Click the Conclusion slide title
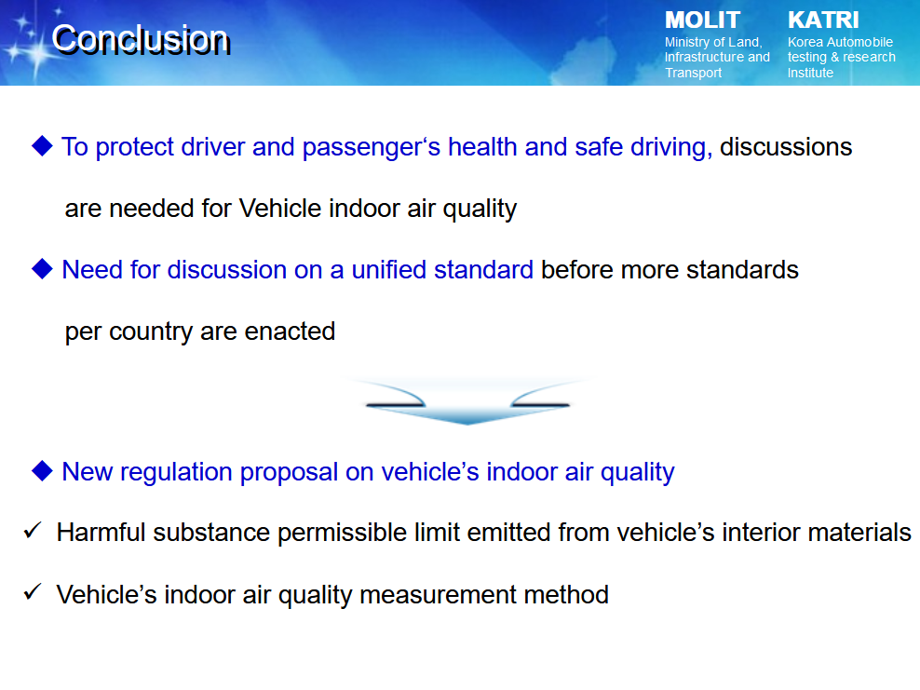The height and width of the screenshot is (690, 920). (x=141, y=40)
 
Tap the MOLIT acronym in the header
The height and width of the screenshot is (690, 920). (x=702, y=20)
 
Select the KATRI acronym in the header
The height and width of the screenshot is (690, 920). (x=823, y=20)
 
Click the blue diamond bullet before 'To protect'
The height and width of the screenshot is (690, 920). (x=42, y=146)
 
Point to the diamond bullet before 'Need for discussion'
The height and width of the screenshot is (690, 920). (x=42, y=269)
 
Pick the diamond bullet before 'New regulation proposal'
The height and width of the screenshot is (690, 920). (x=42, y=470)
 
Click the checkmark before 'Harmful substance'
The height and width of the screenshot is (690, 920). (x=33, y=531)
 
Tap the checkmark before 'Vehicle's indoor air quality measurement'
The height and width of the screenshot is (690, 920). (x=33, y=592)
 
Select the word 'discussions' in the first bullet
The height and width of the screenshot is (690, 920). (x=786, y=147)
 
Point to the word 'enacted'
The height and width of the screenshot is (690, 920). (x=290, y=331)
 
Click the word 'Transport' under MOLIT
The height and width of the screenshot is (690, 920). (x=693, y=73)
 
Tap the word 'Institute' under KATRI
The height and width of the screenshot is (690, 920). (x=810, y=73)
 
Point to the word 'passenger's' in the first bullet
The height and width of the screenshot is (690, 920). (x=372, y=148)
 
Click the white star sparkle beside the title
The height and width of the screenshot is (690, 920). (x=34, y=51)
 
